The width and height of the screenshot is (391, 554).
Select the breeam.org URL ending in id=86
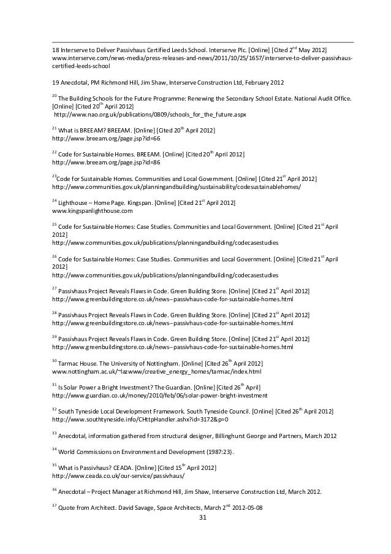[106, 163]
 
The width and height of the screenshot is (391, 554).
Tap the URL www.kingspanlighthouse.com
[92, 211]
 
